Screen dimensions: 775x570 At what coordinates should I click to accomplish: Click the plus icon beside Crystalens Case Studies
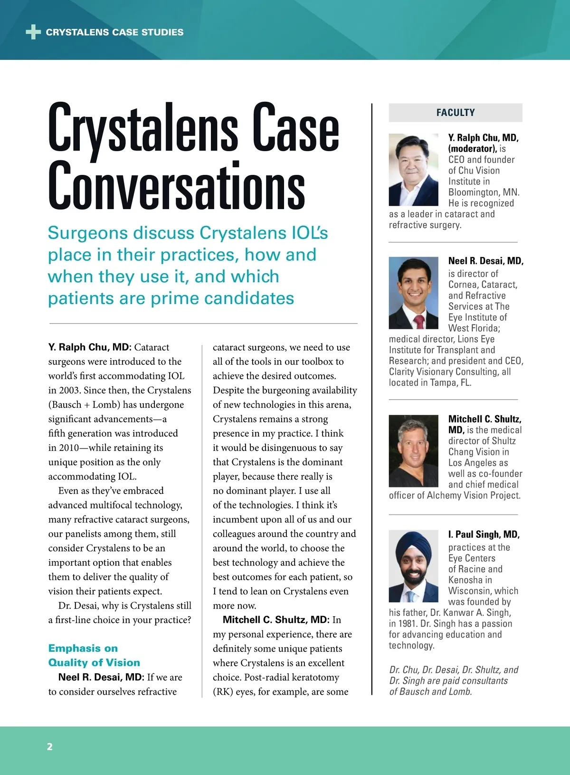tap(33, 32)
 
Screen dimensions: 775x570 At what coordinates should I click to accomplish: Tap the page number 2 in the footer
tap(50, 746)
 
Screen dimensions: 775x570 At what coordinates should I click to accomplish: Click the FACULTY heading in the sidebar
tap(456, 113)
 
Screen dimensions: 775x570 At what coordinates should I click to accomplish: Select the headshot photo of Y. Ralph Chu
tap(413, 170)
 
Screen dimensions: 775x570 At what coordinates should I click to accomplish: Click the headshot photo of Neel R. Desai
tap(413, 293)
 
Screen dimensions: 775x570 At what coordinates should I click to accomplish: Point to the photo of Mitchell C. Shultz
tap(413, 450)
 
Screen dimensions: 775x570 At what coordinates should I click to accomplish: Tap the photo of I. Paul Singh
tap(413, 566)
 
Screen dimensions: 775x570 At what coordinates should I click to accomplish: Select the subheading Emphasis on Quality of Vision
tap(94, 655)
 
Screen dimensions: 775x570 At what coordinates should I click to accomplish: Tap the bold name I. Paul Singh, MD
tap(484, 534)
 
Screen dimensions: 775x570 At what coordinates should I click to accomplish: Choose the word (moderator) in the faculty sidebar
tap(472, 149)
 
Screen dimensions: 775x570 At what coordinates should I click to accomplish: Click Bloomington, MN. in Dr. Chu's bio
tap(484, 192)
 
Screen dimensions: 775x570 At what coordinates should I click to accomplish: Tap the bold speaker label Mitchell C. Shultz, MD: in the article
tap(275, 620)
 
